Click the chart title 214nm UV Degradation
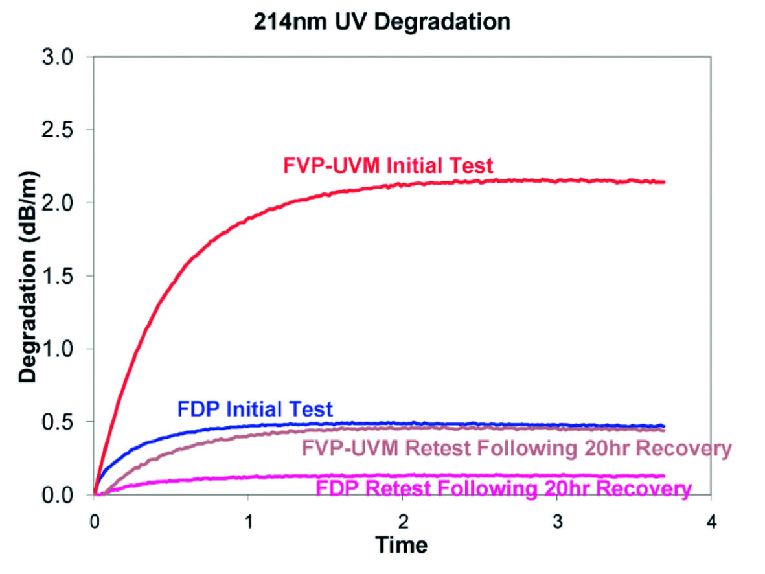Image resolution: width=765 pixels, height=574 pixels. tap(382, 21)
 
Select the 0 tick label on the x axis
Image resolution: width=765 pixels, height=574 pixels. tap(94, 521)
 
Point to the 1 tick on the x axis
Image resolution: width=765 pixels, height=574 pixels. tap(248, 521)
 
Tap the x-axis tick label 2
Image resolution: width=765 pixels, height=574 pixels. tap(402, 521)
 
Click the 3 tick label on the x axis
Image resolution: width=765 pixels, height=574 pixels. tap(556, 521)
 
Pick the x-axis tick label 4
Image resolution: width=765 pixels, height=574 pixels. tap(711, 521)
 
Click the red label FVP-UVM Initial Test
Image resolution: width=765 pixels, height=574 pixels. tap(388, 166)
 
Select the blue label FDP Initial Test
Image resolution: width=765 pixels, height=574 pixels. tap(255, 409)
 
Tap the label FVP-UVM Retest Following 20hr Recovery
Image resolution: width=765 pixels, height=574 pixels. tap(516, 448)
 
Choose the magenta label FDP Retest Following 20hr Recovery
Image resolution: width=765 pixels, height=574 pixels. tap(502, 488)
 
